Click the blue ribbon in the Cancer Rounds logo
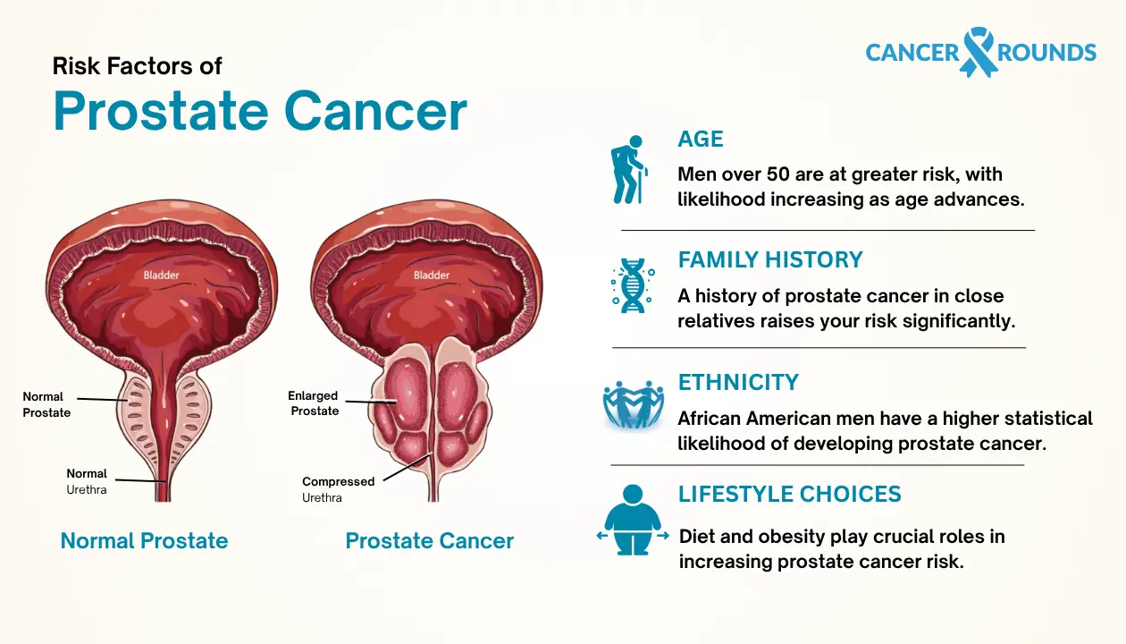pos(977,50)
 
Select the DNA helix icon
pos(632,286)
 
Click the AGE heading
pos(701,139)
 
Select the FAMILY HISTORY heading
pos(770,259)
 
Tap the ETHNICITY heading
pos(738,382)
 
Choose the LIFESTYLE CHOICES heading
pos(789,494)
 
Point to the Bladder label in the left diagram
pos(162,275)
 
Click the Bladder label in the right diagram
pos(432,275)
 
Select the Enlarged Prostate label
pos(314,403)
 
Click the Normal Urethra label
pos(87,481)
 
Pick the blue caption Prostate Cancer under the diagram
pos(429,541)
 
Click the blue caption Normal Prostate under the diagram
pos(144,541)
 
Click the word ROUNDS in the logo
pos(1047,52)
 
